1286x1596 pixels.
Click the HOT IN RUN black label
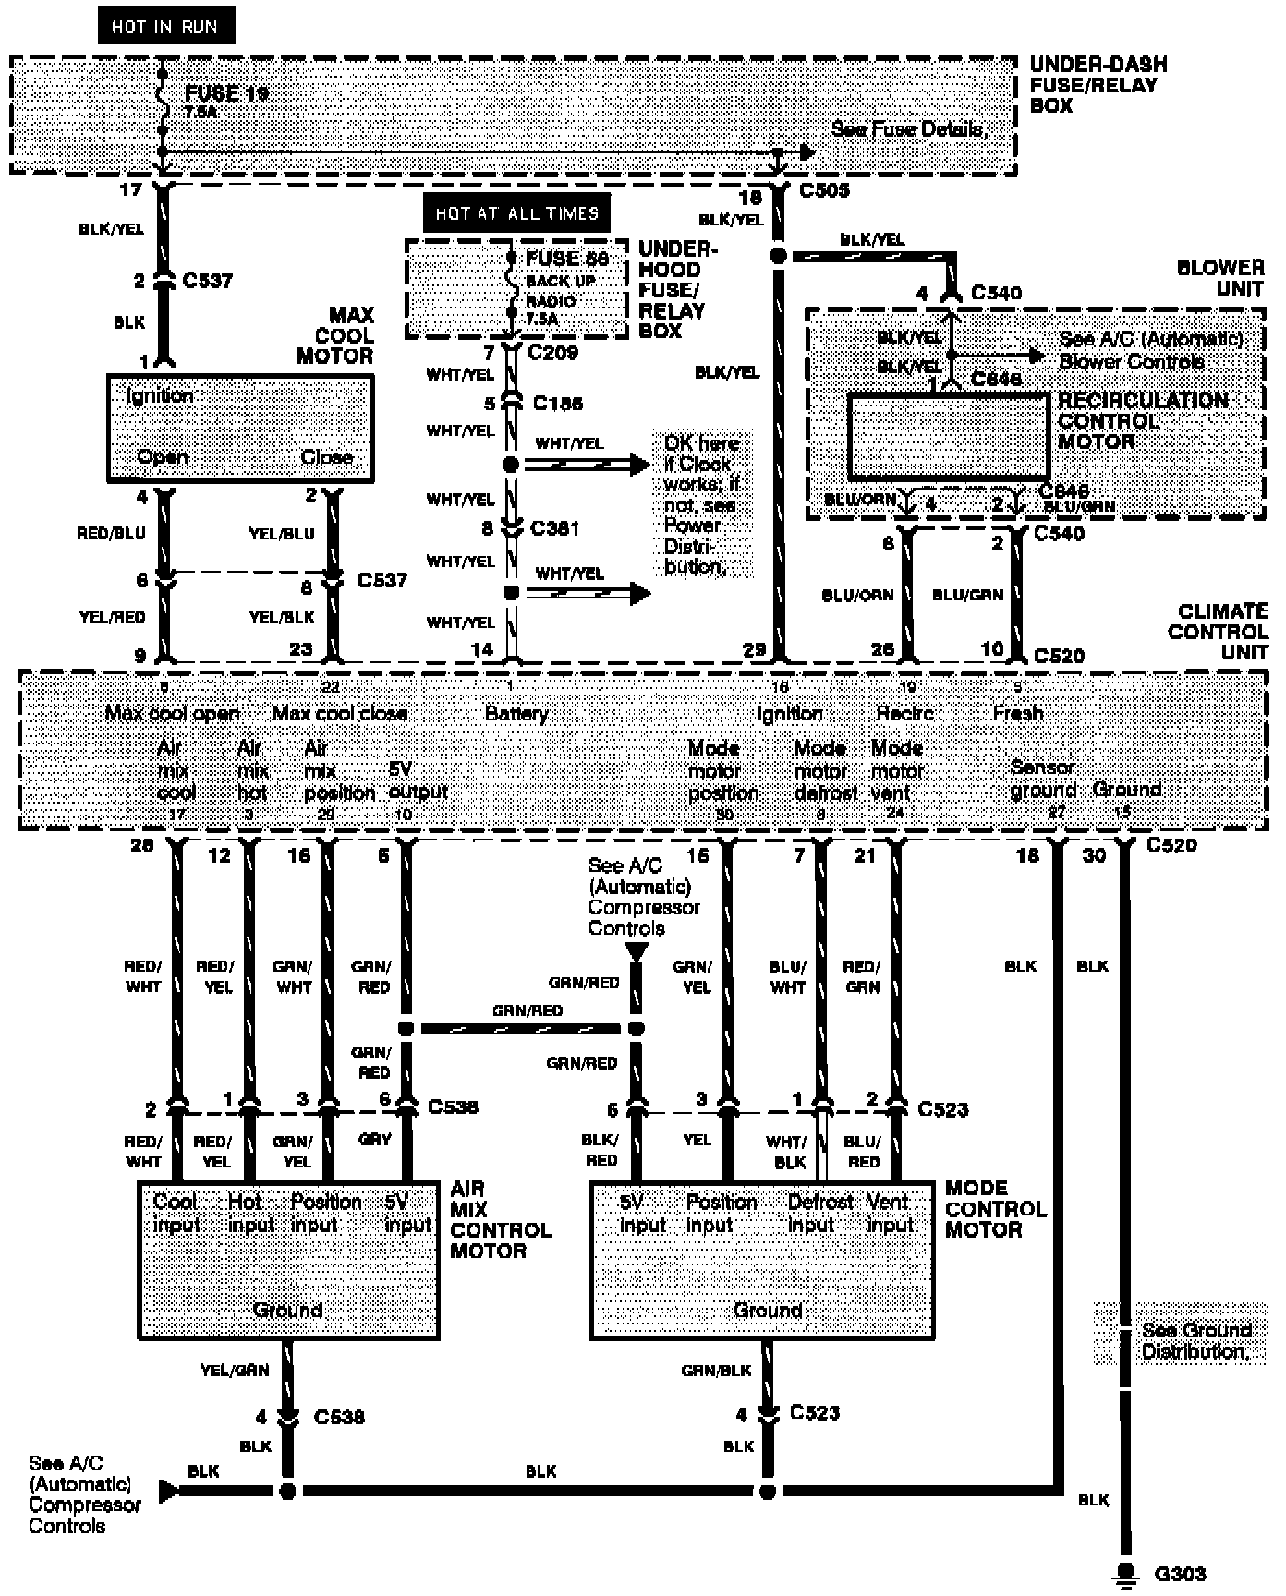[x=165, y=26]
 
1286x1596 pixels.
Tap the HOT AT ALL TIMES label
[x=516, y=213]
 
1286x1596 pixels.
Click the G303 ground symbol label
[x=1180, y=1574]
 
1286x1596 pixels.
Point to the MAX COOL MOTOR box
[x=240, y=428]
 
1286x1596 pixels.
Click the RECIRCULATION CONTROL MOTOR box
[x=948, y=436]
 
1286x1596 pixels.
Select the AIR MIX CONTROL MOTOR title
[x=500, y=1219]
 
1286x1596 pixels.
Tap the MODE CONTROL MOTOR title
[x=996, y=1208]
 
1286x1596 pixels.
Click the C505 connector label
[x=824, y=190]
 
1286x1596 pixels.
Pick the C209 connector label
[x=552, y=352]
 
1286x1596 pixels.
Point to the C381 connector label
[x=554, y=528]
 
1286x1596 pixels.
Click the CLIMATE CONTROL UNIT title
[x=1218, y=633]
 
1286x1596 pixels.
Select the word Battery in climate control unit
[x=516, y=713]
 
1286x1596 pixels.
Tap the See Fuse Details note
[x=909, y=129]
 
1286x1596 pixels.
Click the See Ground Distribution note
[x=1195, y=1340]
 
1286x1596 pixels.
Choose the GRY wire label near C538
[x=374, y=1139]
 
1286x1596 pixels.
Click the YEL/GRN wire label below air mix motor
[x=235, y=1370]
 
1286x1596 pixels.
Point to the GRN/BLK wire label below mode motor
[x=716, y=1370]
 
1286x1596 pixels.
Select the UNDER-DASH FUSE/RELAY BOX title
[x=1098, y=85]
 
